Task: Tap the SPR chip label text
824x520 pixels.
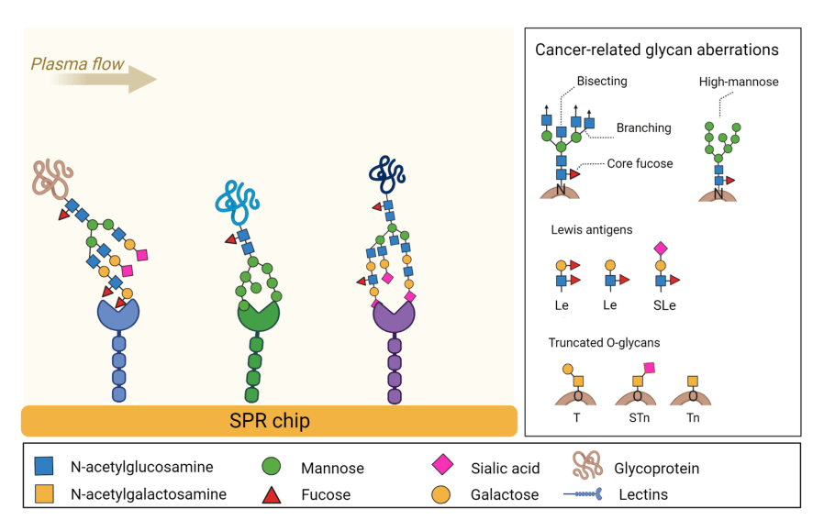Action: [269, 421]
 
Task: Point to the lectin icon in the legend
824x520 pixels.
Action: [585, 494]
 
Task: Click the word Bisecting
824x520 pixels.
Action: [602, 82]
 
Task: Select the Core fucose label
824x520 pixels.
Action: [640, 163]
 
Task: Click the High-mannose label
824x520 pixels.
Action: [739, 82]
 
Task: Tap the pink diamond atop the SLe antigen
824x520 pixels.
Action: [658, 249]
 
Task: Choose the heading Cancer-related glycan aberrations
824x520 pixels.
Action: [657, 50]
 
